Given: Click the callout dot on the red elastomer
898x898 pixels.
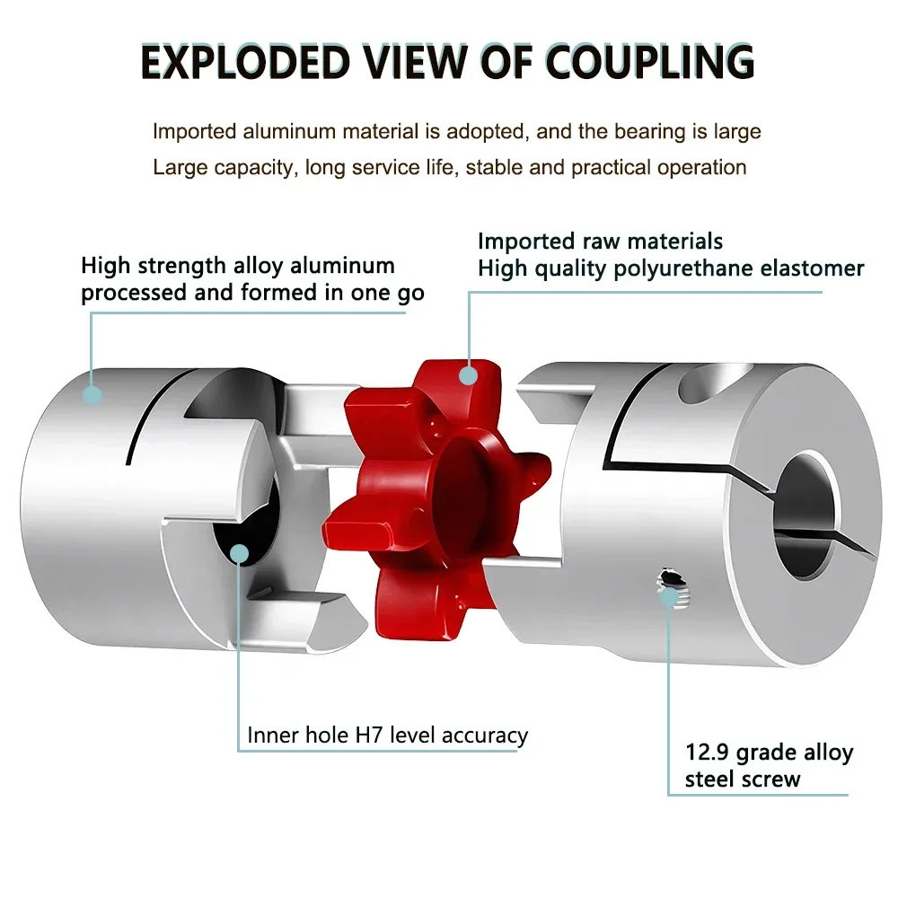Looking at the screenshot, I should pos(467,374).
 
